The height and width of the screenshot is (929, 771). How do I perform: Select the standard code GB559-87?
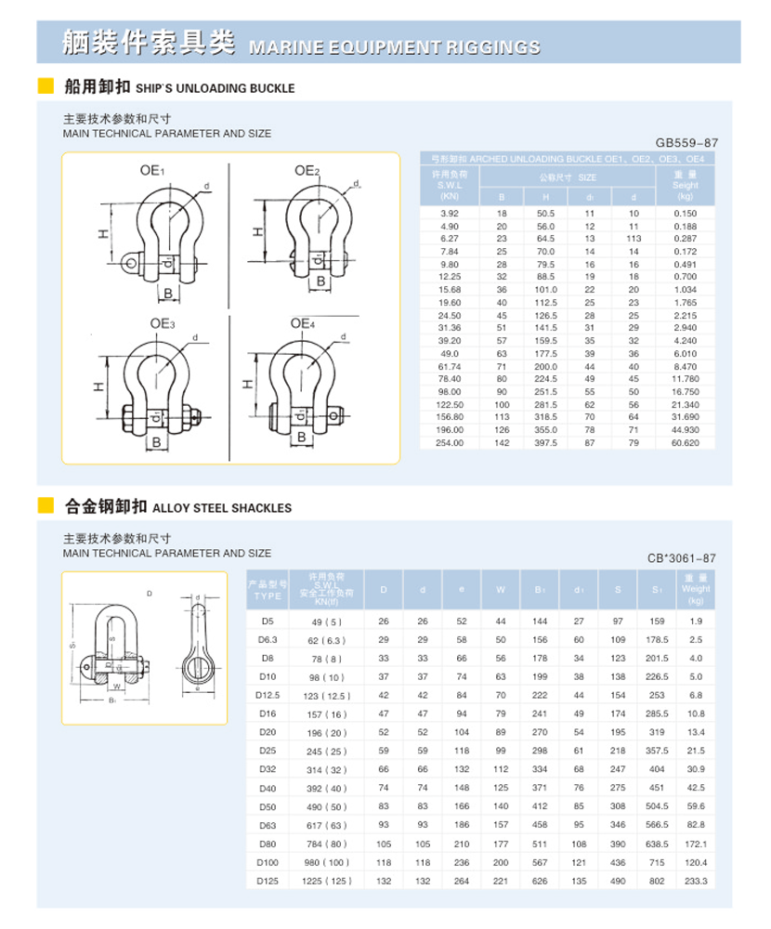point(686,143)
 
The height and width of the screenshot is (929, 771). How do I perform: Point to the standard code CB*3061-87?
point(682,558)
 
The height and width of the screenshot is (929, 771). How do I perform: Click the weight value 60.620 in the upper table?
point(686,443)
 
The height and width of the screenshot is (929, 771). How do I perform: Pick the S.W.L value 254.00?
point(450,443)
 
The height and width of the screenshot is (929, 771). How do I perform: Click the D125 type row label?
point(268,881)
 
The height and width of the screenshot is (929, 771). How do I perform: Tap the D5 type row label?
point(268,621)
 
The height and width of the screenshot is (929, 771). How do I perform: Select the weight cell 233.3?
point(696,881)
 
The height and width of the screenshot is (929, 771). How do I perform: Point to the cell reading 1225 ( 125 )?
point(327,881)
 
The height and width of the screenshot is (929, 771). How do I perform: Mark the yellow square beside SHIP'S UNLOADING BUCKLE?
point(45,87)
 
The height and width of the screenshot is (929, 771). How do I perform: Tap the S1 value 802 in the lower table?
point(657,881)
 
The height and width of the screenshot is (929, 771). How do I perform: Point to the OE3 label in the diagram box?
point(163,323)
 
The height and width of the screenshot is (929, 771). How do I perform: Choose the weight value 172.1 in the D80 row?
point(696,844)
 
